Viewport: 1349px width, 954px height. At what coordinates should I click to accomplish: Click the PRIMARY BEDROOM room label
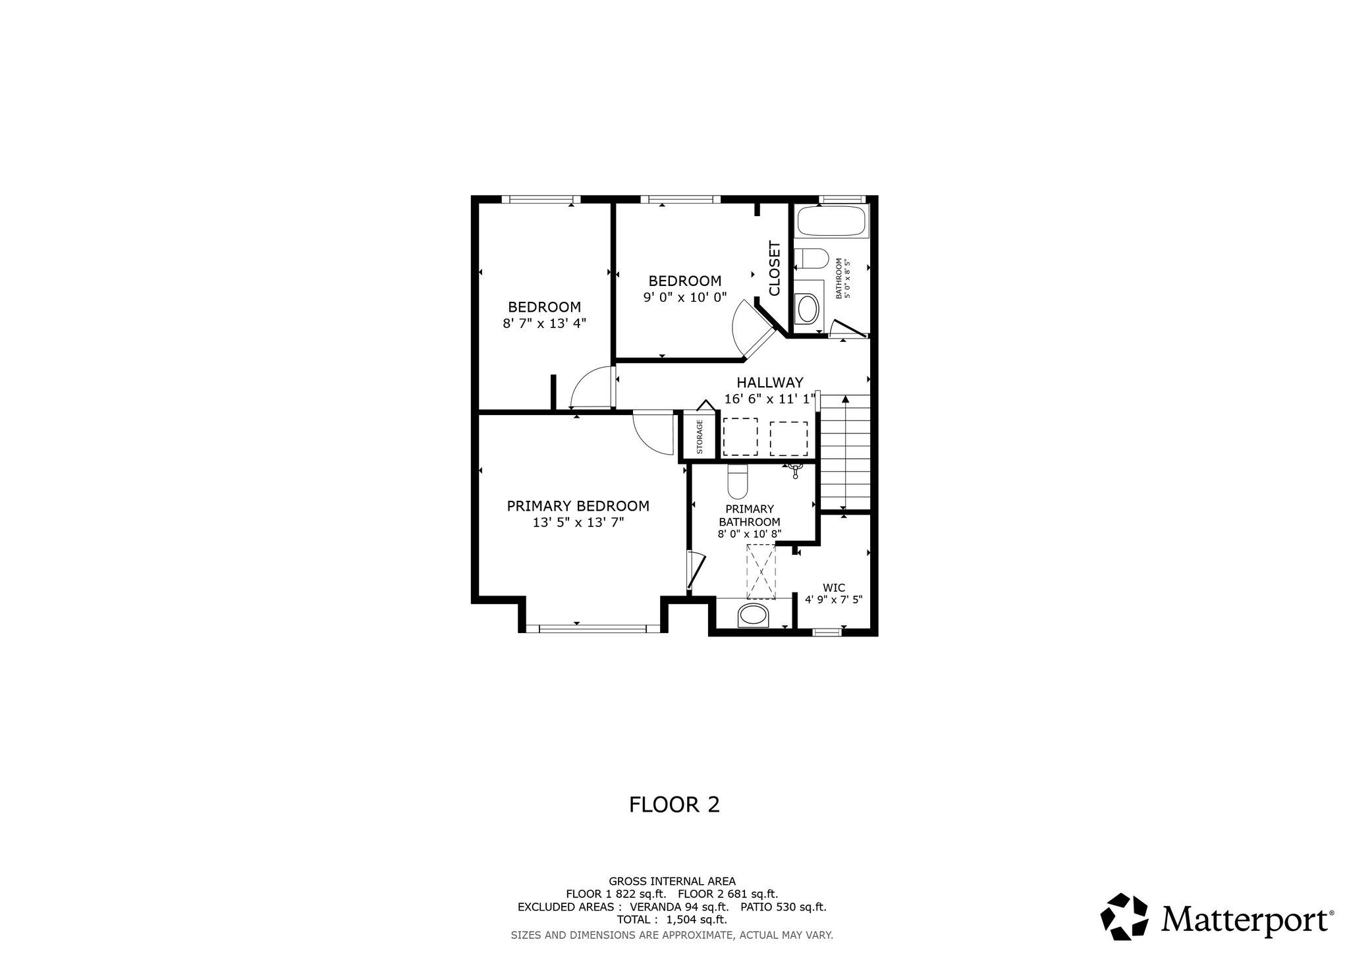(578, 506)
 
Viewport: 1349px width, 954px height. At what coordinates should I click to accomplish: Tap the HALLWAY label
(769, 383)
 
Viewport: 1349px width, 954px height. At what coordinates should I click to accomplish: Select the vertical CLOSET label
(774, 268)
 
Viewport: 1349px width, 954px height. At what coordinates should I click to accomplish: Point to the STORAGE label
(700, 436)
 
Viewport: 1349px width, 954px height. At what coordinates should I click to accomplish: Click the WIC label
(833, 588)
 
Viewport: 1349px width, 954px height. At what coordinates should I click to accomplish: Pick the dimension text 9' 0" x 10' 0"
(684, 297)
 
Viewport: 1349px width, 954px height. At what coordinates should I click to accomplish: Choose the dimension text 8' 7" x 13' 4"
(543, 323)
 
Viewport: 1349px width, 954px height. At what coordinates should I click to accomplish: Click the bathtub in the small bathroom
(832, 221)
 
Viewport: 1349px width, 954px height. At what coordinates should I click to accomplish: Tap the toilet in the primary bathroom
(738, 482)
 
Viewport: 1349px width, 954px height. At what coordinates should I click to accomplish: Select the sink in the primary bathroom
(754, 615)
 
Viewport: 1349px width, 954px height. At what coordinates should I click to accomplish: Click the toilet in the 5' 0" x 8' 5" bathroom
(811, 259)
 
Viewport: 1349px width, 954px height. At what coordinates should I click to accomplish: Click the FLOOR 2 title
(674, 804)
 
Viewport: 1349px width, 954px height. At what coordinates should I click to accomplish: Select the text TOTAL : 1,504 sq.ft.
(672, 920)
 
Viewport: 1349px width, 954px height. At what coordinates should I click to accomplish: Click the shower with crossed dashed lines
(761, 572)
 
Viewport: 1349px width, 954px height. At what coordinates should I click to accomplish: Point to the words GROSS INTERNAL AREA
(672, 881)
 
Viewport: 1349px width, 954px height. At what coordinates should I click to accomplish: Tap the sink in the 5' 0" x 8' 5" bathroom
(807, 308)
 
